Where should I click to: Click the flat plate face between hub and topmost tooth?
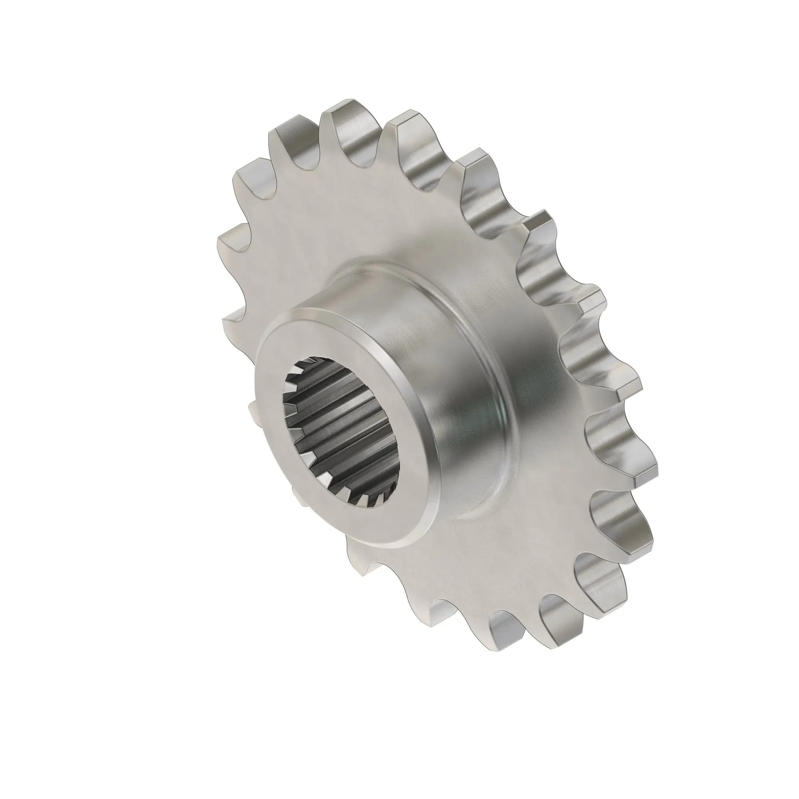pos(352,215)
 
